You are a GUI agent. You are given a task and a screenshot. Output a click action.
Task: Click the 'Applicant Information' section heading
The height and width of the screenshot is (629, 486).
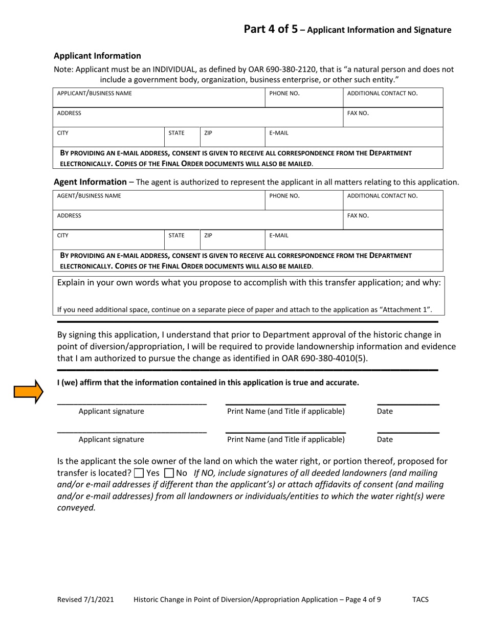[x=97, y=55]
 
